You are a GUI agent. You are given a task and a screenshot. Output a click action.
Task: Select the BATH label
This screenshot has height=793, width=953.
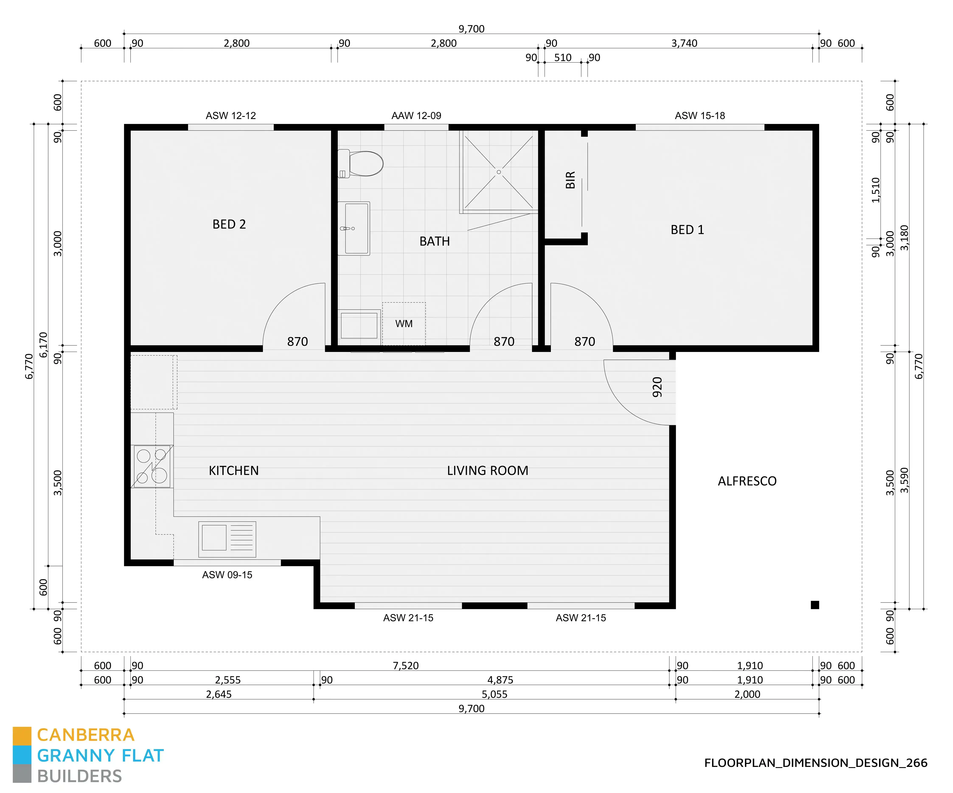coord(434,241)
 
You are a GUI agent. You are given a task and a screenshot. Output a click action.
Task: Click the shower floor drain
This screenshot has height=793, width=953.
coord(499,172)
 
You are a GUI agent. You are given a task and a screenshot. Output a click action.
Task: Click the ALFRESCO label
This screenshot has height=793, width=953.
coord(747,481)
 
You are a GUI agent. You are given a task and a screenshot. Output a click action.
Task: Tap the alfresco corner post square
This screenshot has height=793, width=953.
coord(815,605)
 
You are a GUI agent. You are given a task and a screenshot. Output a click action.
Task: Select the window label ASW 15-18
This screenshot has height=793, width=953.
coord(700,116)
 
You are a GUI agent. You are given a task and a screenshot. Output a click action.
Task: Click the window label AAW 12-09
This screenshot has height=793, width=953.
coord(416,116)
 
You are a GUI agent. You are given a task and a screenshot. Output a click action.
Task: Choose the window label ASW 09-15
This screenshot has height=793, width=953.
coord(227,575)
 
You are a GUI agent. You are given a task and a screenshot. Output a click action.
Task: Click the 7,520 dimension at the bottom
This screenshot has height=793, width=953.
coord(406,666)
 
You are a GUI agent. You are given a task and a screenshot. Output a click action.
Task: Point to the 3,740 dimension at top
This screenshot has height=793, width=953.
coord(684,43)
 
